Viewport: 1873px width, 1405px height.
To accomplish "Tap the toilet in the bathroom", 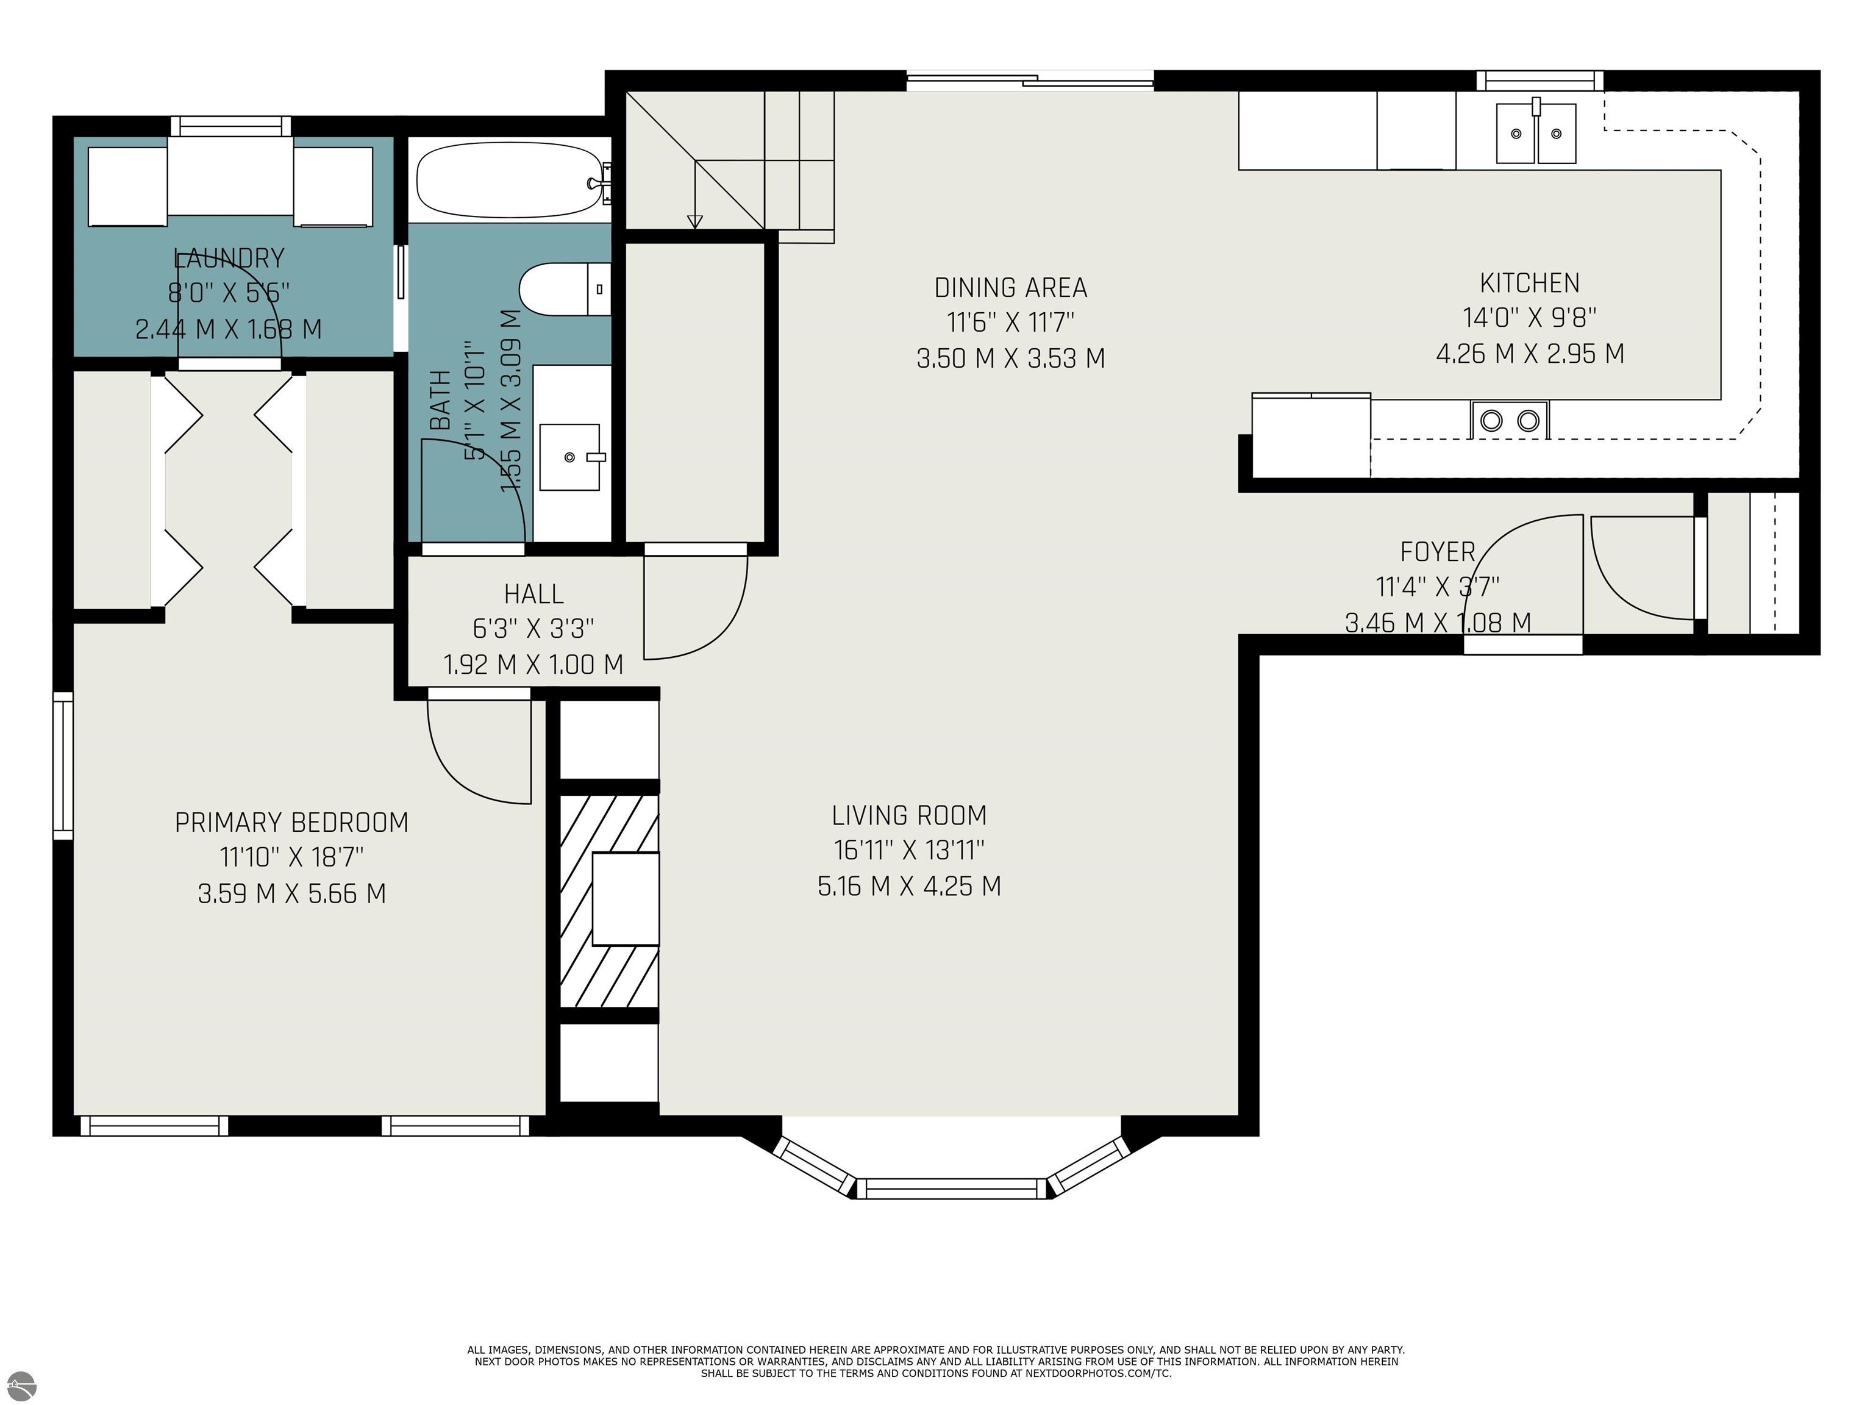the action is tap(564, 289).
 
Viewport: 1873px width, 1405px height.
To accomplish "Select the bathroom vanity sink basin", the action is tap(570, 457).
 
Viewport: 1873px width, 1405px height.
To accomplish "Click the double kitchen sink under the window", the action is tap(1536, 133).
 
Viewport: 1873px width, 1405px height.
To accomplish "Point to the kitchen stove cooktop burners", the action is tap(1510, 420).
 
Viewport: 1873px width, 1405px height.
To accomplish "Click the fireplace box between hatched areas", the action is tap(625, 899).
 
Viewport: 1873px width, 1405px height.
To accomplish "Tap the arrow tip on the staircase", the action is tap(695, 224).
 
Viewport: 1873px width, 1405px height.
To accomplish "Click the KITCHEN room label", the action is tap(1529, 283).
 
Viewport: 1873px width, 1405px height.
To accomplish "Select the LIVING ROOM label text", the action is tap(910, 815).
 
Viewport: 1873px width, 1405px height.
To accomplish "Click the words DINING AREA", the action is tap(1010, 288).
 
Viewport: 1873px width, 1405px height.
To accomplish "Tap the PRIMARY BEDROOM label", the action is tap(291, 823).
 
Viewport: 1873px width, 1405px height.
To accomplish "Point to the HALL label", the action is tap(533, 594).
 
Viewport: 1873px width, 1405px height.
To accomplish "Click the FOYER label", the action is tap(1437, 552).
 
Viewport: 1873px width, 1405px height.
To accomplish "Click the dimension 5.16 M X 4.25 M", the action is tap(910, 887).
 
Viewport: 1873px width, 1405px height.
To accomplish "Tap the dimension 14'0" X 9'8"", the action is tap(1529, 318).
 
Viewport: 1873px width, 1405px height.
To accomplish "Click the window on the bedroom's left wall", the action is tap(63, 765).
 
